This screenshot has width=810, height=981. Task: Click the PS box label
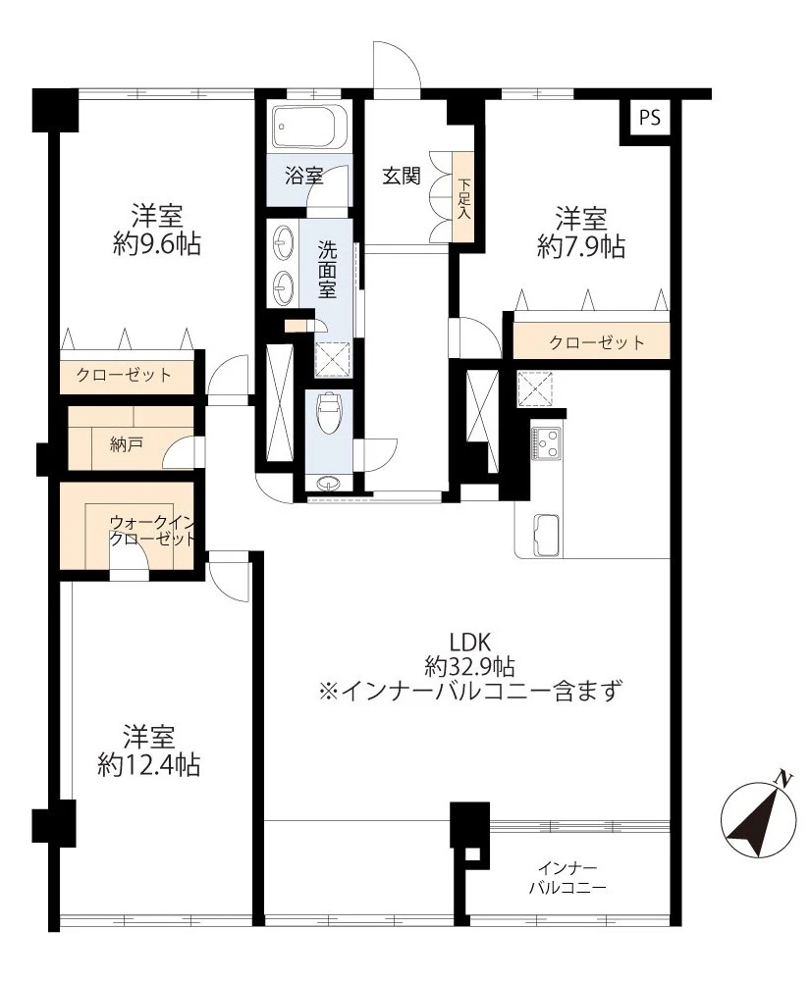coord(649,118)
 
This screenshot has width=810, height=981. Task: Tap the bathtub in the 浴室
coord(307,127)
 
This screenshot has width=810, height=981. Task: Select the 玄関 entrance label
coord(401,177)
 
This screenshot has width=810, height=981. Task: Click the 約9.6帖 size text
coord(157,244)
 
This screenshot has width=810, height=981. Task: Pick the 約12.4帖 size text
coord(149,764)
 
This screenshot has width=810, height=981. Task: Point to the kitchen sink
coord(544,535)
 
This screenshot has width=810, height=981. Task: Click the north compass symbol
coord(757,819)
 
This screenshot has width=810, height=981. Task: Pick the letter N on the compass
coord(783,779)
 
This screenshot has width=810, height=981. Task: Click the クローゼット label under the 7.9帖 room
coord(597,342)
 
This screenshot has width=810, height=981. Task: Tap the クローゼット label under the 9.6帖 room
coord(124,374)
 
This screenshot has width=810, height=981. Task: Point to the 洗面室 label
coord(327,268)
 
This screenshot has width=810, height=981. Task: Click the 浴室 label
coord(303,177)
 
